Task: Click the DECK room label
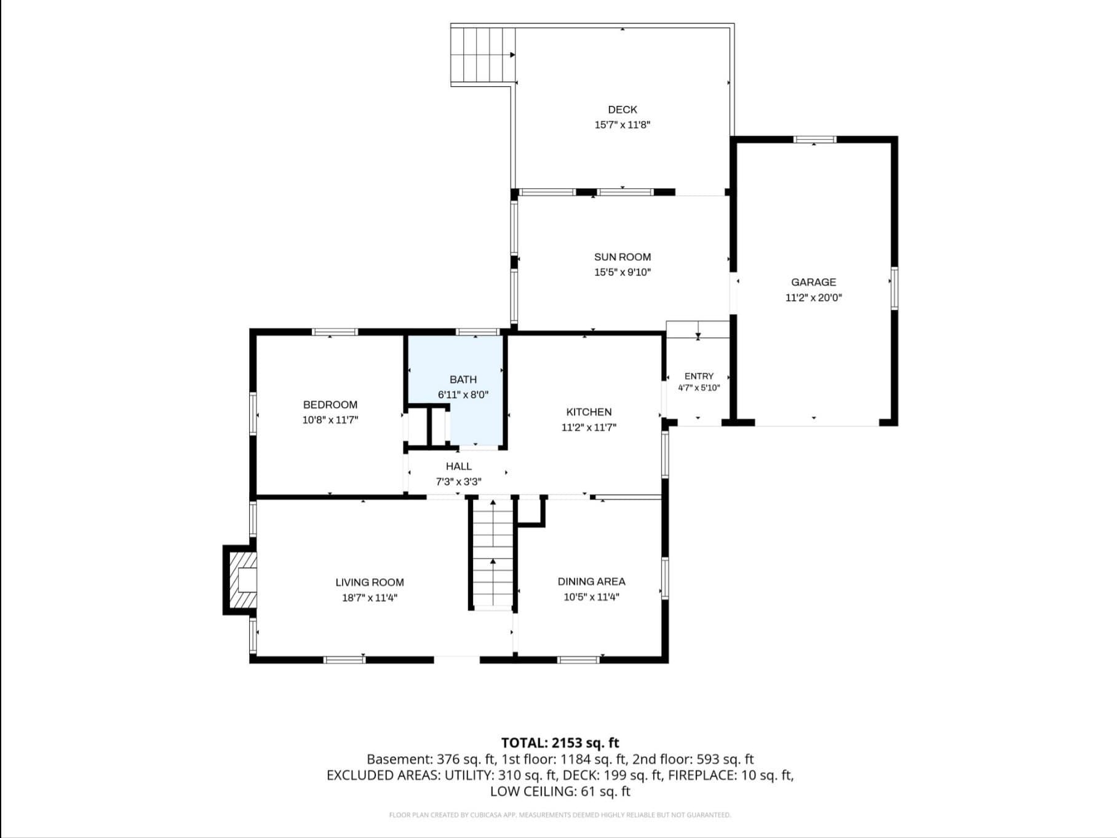[622, 110]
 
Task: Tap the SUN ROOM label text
[622, 257]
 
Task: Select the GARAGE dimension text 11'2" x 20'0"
[814, 298]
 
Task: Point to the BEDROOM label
[330, 405]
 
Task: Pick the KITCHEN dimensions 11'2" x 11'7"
[589, 428]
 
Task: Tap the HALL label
[459, 466]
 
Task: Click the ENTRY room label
[699, 376]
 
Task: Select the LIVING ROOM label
[370, 582]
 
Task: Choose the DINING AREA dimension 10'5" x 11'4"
[592, 597]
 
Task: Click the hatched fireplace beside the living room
[240, 580]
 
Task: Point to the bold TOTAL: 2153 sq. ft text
[560, 743]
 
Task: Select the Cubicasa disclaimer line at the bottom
[560, 815]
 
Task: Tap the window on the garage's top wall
[814, 140]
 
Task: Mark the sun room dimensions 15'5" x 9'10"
[622, 273]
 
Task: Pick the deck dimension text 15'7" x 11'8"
[622, 125]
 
